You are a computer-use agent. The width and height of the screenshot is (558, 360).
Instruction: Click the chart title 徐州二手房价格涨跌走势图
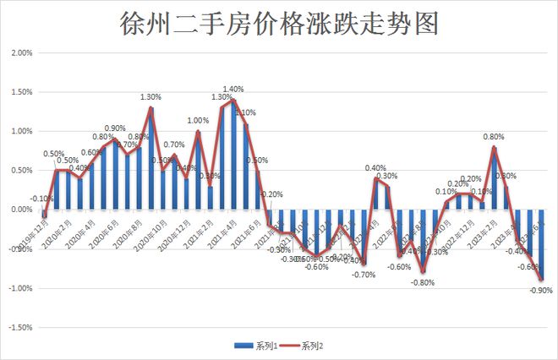(279, 25)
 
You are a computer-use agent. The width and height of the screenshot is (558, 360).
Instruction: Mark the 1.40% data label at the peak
(233, 90)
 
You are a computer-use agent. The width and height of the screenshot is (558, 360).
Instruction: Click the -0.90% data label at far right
(541, 291)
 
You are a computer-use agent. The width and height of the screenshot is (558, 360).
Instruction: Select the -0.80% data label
(423, 283)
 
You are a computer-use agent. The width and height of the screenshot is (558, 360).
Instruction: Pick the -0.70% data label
(364, 275)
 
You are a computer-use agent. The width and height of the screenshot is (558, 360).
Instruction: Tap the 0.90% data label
(115, 129)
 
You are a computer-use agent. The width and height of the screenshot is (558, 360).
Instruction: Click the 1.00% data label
(198, 121)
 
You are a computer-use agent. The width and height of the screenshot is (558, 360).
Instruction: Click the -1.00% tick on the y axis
(19, 288)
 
